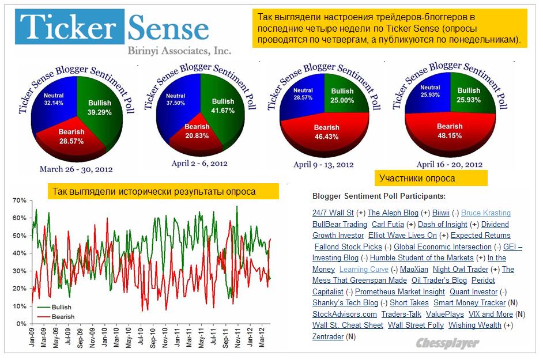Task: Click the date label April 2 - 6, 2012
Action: [x=199, y=164]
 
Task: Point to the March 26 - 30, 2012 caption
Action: [x=76, y=169]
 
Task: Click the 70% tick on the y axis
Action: [x=20, y=200]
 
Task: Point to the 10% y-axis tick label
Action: [x=20, y=306]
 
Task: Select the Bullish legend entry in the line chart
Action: [x=57, y=308]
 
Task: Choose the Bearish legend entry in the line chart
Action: [x=58, y=316]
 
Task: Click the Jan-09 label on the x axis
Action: [x=32, y=339]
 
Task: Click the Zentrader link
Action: [x=328, y=336]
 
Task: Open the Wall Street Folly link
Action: [x=416, y=325]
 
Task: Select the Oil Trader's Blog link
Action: [x=439, y=281]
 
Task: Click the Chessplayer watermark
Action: [x=447, y=343]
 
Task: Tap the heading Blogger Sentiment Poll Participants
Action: [x=378, y=196]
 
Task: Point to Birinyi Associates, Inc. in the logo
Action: [x=180, y=50]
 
